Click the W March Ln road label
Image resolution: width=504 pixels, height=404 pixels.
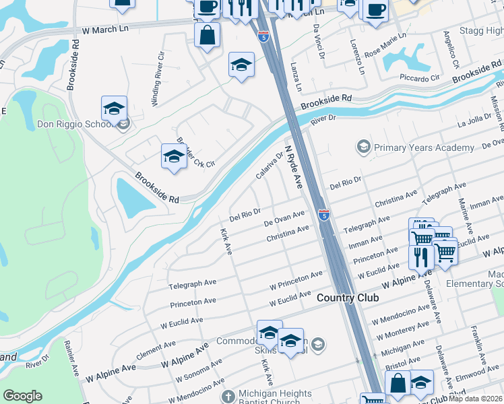(106, 30)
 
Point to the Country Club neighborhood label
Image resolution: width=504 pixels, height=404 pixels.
(348, 298)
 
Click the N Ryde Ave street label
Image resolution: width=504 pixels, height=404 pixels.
(294, 166)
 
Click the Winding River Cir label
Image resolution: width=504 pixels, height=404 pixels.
(158, 76)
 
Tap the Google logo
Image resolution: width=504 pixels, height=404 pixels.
(22, 396)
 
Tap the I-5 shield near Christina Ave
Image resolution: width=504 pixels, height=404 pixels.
(324, 215)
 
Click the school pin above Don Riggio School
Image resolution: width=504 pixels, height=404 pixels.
(115, 108)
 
